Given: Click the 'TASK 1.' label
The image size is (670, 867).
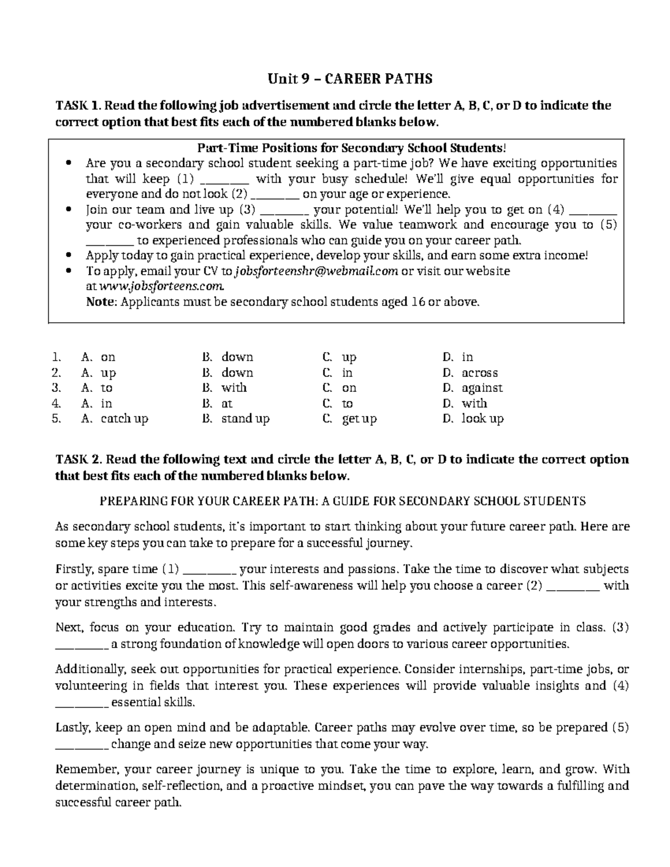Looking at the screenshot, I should pyautogui.click(x=78, y=106).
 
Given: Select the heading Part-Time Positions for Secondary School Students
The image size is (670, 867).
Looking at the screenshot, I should pyautogui.click(x=352, y=148).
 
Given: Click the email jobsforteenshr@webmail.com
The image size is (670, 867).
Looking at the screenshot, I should pyautogui.click(x=317, y=271).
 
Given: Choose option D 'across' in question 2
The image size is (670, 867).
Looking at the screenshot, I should pyautogui.click(x=479, y=373).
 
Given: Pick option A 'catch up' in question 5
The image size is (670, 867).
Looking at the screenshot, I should pyautogui.click(x=124, y=419).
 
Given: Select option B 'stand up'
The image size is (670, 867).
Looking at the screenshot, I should pyautogui.click(x=245, y=419).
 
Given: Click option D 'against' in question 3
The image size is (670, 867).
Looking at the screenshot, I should pyautogui.click(x=481, y=388).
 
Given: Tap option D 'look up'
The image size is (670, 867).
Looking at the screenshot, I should pyautogui.click(x=482, y=419).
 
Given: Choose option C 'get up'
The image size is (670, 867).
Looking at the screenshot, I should pyautogui.click(x=359, y=419).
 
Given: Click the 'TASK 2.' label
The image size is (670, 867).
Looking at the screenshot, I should pyautogui.click(x=79, y=459).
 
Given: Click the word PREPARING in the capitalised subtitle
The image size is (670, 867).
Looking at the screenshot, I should pyautogui.click(x=127, y=501).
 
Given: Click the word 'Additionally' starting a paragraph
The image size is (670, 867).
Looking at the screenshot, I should pyautogui.click(x=87, y=669).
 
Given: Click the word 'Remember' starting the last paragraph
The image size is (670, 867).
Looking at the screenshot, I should pyautogui.click(x=79, y=770).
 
